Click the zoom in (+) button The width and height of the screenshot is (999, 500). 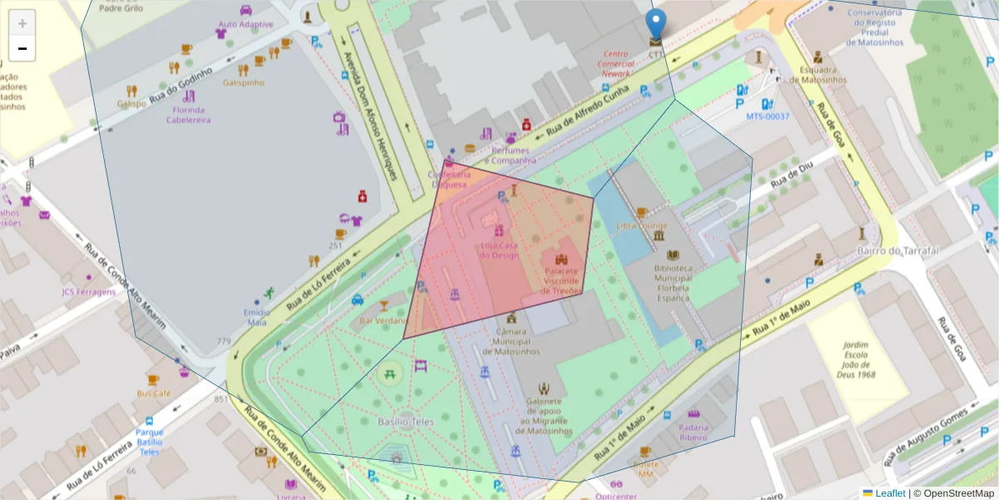22,23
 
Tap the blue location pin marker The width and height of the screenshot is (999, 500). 656,24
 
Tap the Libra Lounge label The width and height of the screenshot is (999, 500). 642,226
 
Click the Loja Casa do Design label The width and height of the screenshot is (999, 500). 499,250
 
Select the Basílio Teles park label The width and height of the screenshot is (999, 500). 405,422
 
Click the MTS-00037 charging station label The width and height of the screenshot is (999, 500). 767,117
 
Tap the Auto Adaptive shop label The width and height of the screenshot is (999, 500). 246,24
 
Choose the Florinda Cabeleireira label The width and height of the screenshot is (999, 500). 188,114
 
